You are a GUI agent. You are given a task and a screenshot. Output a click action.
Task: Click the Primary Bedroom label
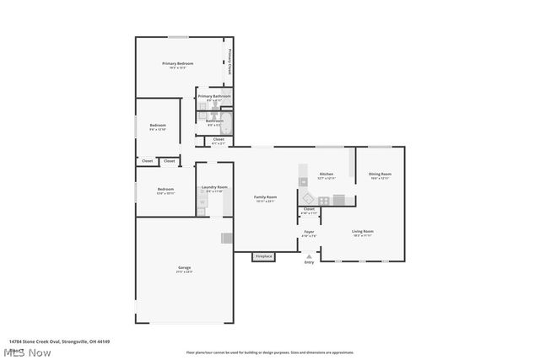coord(178,64)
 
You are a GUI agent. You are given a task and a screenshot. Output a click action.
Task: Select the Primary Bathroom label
coord(214,96)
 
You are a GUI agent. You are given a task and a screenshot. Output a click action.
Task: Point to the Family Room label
coord(266,197)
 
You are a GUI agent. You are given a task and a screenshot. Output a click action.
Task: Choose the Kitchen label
coord(326,174)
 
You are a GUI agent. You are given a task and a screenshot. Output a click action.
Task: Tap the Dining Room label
coord(380,174)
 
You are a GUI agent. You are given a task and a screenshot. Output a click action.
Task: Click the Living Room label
coord(363,231)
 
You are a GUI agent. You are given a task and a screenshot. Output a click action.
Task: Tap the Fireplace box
coord(264,255)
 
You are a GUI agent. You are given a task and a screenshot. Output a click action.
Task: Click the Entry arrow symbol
coord(309,255)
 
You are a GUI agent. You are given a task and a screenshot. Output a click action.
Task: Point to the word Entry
coord(309,262)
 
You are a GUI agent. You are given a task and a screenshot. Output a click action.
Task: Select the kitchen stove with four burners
coord(323,200)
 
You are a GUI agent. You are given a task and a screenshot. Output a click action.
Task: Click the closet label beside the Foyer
coord(309,208)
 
